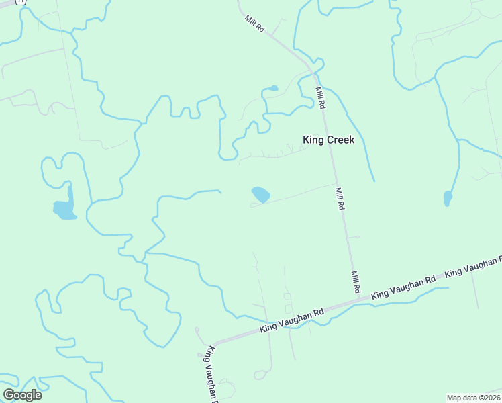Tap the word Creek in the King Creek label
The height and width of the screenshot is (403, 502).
tap(340, 140)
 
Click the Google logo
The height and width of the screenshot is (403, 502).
tap(22, 394)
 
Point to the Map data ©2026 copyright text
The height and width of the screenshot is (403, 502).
tap(473, 398)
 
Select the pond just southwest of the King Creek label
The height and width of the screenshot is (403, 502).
tap(260, 195)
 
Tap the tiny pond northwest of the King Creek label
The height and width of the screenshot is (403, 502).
tap(272, 88)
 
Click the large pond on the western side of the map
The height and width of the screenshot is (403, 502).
tap(64, 210)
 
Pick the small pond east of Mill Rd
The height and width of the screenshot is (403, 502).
tap(448, 199)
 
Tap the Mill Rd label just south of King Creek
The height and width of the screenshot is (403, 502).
tap(340, 199)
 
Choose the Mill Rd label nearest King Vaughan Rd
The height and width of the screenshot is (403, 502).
tap(356, 281)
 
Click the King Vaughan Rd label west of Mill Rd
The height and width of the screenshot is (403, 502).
tap(292, 320)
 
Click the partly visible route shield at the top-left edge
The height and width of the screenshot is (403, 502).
tap(20, 2)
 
